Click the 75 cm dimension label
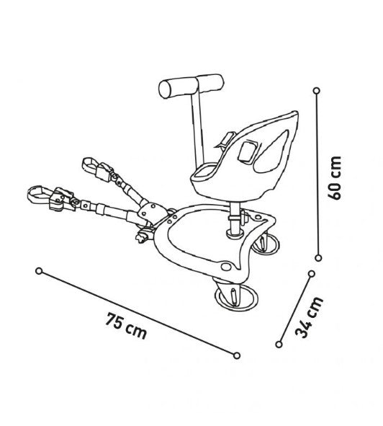pos(126,326)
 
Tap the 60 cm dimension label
pos(334,178)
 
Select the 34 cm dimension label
pos(309,317)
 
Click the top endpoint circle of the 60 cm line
pos(317,91)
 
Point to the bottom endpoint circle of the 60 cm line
pos(319,257)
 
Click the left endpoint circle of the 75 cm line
pos(39,271)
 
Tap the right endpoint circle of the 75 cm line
pos(237,355)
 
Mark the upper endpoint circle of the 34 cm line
pos(312,274)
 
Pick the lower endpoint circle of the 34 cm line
pos(279,345)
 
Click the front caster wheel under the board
pos(235,297)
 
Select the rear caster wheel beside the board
pos(265,244)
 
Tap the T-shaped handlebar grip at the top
pos(191,86)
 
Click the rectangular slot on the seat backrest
pos(248,152)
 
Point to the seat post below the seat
pos(235,218)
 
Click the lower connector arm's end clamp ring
pos(39,194)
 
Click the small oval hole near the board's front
pos(225,267)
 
